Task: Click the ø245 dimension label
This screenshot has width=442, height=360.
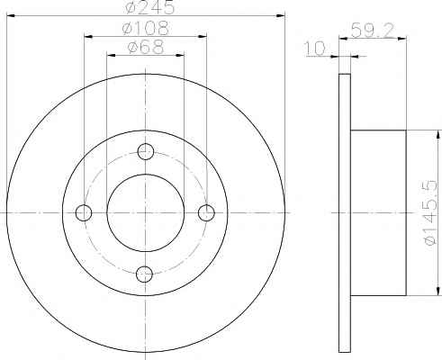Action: click(x=150, y=7)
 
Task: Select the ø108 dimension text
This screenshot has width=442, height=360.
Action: click(x=146, y=28)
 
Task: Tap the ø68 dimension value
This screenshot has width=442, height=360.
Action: click(x=146, y=47)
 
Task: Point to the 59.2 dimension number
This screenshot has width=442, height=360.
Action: click(x=373, y=31)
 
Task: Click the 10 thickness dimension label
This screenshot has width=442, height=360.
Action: click(x=315, y=49)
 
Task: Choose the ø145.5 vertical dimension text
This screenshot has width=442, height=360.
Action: click(x=431, y=212)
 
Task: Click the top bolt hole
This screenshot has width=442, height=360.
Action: click(x=146, y=151)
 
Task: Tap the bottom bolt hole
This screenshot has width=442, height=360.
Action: click(x=144, y=274)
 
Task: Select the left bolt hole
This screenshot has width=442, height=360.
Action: click(x=84, y=212)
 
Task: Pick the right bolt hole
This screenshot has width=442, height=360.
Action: click(x=206, y=212)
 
